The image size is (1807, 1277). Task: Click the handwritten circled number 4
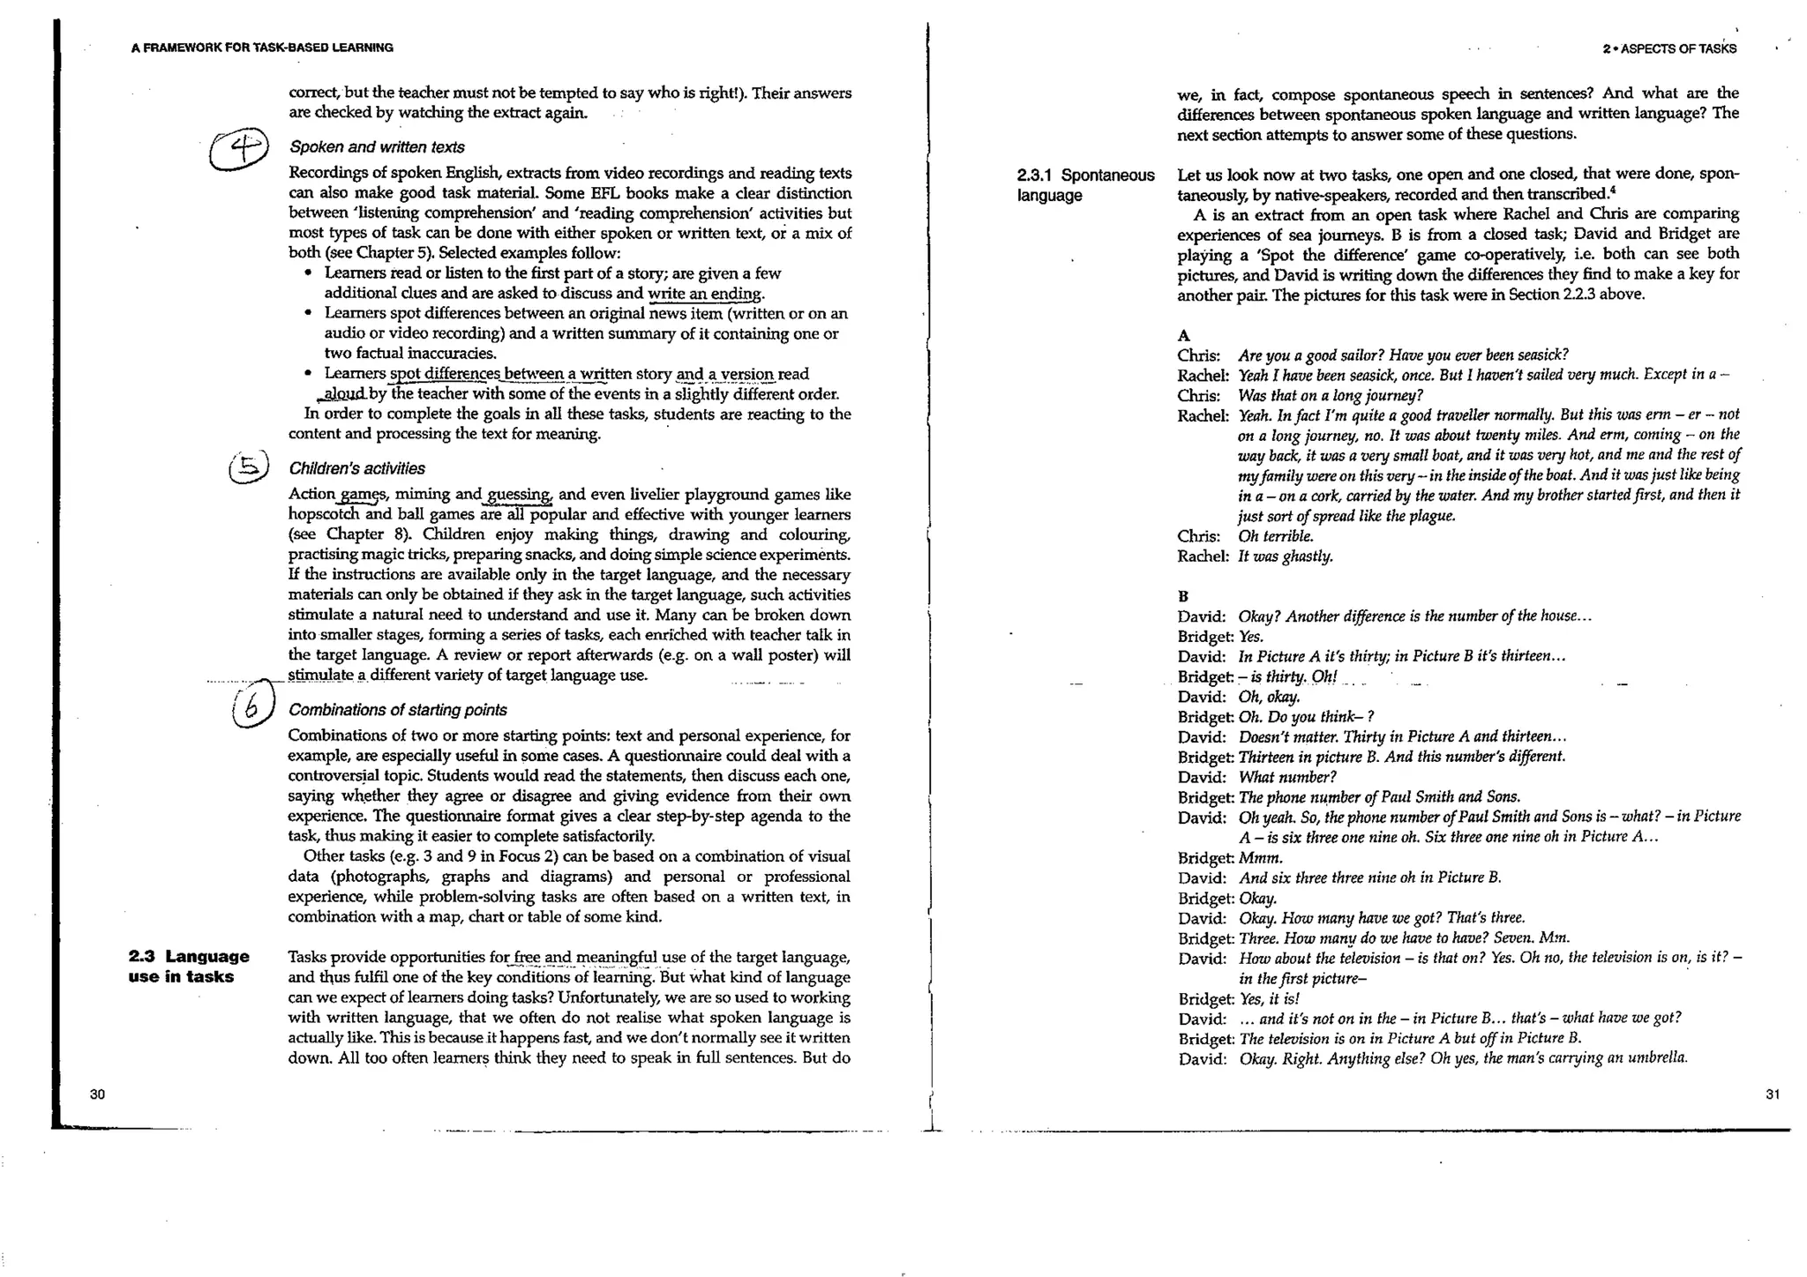point(239,149)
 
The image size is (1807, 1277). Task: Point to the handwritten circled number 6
point(251,707)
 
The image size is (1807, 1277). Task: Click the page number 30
point(97,1094)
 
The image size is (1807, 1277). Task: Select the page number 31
point(1773,1094)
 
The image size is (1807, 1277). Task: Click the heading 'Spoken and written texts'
point(377,147)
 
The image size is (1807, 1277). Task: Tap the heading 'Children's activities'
point(356,468)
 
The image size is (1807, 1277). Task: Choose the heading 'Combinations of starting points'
point(398,710)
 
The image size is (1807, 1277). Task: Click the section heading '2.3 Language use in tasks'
point(188,967)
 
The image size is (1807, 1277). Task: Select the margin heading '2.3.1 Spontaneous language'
point(1085,185)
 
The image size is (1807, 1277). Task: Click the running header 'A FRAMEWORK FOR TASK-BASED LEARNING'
point(262,48)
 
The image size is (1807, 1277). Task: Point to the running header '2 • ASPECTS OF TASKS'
point(1669,49)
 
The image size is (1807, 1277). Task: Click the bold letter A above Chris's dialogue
point(1184,336)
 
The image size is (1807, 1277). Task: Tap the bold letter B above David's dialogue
point(1183,596)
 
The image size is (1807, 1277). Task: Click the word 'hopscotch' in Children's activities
point(325,515)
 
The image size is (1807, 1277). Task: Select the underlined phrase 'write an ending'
point(705,294)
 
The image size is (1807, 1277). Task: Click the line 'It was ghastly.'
point(1286,556)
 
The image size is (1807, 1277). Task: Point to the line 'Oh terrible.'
point(1276,536)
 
